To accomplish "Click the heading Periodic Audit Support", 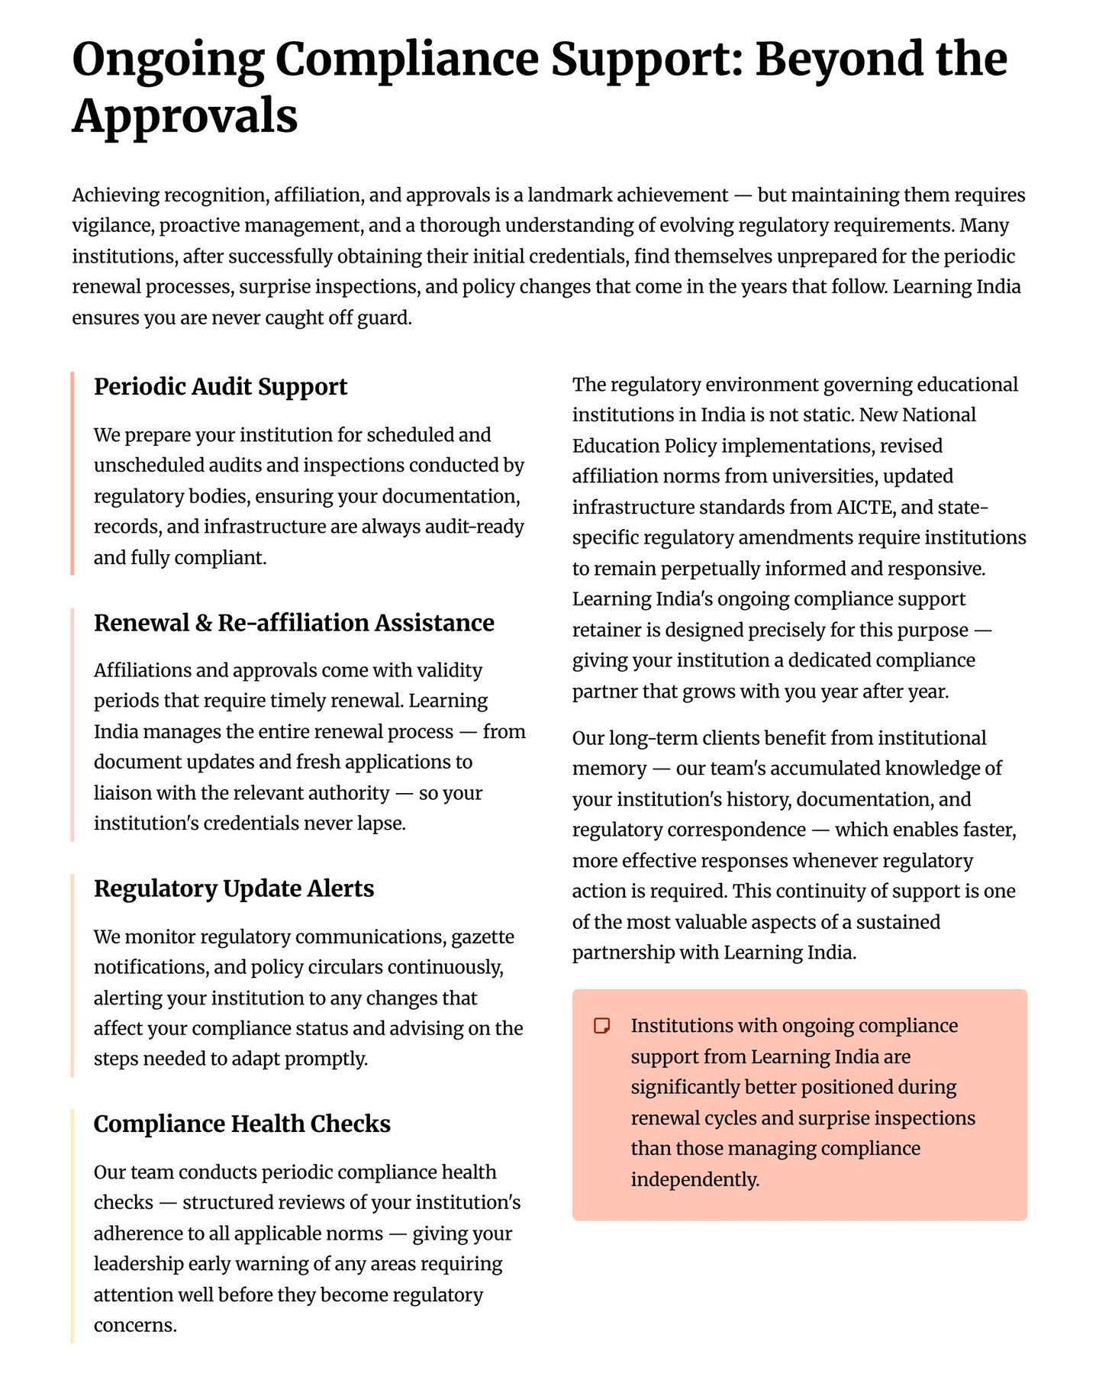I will [220, 387].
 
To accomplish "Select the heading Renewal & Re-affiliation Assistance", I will [294, 623].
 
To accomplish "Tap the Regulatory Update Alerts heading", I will [234, 888].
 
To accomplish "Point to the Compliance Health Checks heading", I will [242, 1124].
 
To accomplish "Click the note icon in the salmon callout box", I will [602, 1025].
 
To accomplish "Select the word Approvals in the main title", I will [185, 116].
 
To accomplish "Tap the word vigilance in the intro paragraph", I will [110, 226].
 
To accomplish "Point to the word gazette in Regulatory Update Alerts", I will [483, 937].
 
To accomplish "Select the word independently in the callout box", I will [694, 1179].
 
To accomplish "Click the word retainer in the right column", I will [607, 630].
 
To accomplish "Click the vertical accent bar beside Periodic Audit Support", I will [73, 473].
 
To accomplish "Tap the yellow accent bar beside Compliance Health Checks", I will [73, 1225].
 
